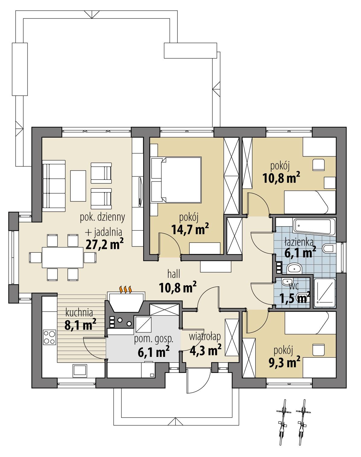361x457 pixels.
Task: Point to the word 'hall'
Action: coord(174,274)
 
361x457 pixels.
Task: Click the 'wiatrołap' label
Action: coord(205,336)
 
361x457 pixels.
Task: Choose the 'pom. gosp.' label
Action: coord(154,339)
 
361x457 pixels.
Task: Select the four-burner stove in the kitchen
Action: coord(50,337)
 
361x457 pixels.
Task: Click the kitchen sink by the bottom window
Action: coord(79,370)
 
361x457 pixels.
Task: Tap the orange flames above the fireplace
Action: coord(126,289)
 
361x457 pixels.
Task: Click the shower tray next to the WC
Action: coord(325,291)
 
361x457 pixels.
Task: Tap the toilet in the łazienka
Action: coord(328,249)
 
